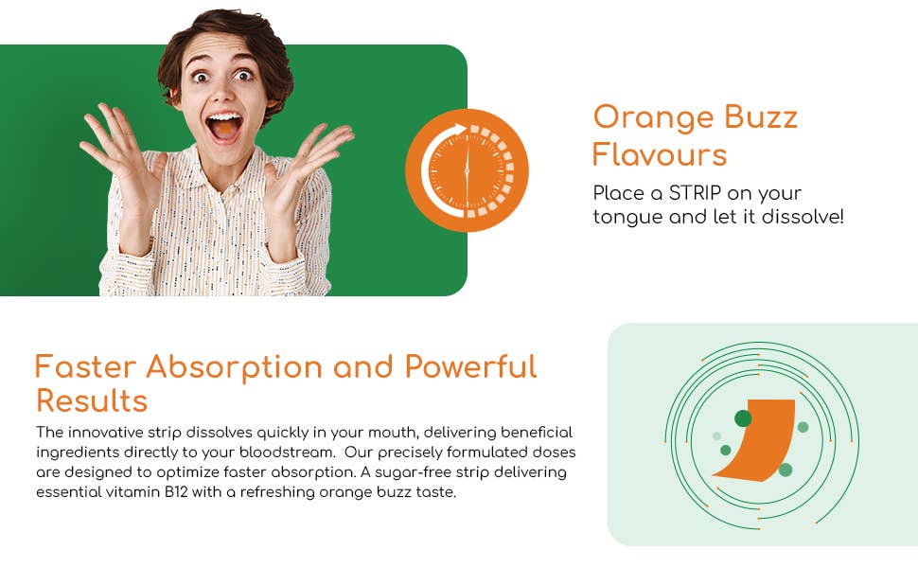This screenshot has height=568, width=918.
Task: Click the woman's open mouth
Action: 224,125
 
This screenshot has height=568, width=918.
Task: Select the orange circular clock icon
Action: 467,170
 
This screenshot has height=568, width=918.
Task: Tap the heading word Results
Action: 92,400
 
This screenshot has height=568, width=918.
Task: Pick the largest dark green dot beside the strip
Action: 743,418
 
